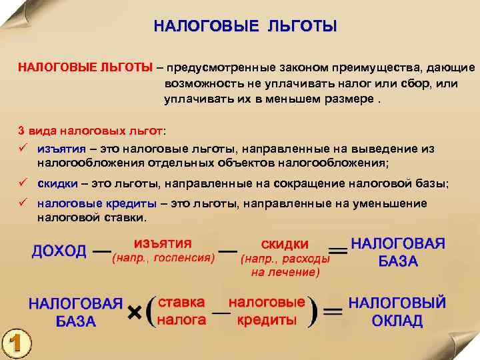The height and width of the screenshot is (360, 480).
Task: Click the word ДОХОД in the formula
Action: pos(59,251)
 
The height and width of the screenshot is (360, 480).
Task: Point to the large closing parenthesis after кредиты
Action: pos(312,311)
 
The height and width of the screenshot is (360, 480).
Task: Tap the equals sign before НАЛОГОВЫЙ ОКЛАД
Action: pos(332,311)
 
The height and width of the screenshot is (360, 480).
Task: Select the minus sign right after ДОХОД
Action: pos(101,252)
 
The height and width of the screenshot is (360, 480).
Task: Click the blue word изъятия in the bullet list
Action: pos(60,149)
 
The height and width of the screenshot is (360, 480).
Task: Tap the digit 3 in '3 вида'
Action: pos(21,129)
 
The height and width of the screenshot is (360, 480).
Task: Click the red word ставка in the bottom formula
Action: pos(181,302)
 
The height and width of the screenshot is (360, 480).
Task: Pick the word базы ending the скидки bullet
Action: pos(432,184)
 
